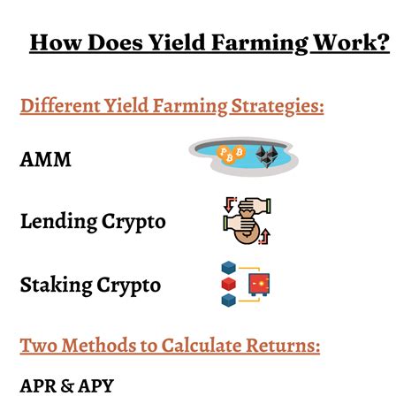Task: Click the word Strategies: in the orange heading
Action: coord(278,106)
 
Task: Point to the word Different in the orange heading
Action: coord(60,106)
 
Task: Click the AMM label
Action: coord(45,159)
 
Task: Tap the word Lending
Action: coord(59,222)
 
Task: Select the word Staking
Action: coord(57,286)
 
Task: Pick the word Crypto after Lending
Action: coord(133,223)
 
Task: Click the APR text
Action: coord(38,385)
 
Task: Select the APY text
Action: coord(96,385)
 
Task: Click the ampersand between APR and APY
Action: coord(67,386)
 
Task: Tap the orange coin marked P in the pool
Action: coord(223,152)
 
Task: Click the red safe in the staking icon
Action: coord(259,285)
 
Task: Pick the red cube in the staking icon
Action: coord(229,284)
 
